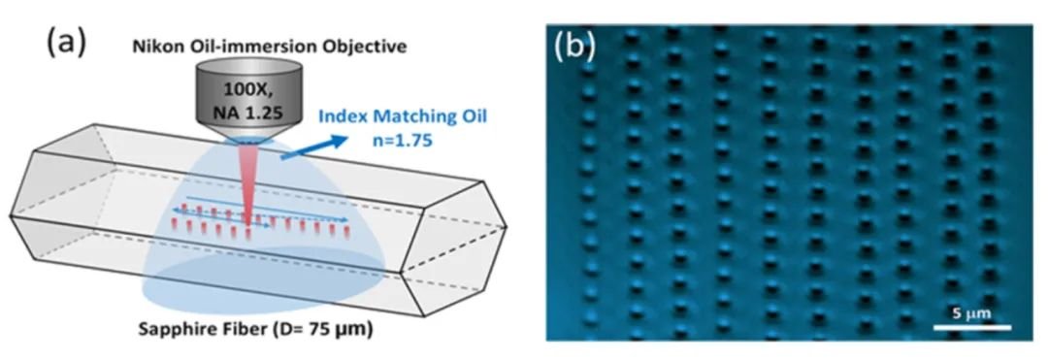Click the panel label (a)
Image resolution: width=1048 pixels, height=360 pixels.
click(x=66, y=42)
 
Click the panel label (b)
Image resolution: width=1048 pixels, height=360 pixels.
click(x=574, y=47)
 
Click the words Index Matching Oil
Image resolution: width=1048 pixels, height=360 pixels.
click(x=405, y=115)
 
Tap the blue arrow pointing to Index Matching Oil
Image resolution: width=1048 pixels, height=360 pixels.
click(x=313, y=147)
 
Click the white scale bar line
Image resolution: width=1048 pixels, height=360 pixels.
click(x=971, y=327)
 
